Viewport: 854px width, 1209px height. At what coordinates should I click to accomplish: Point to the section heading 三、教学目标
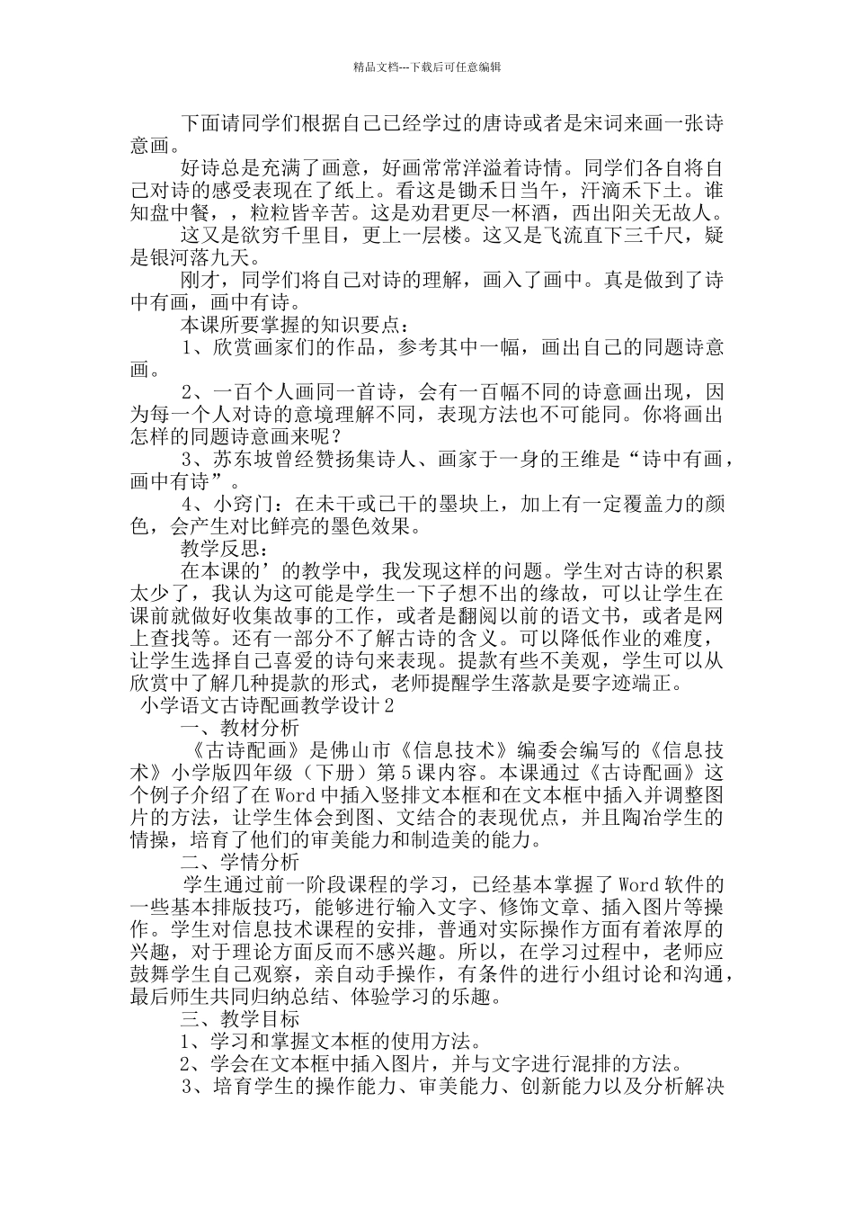click(240, 1019)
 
